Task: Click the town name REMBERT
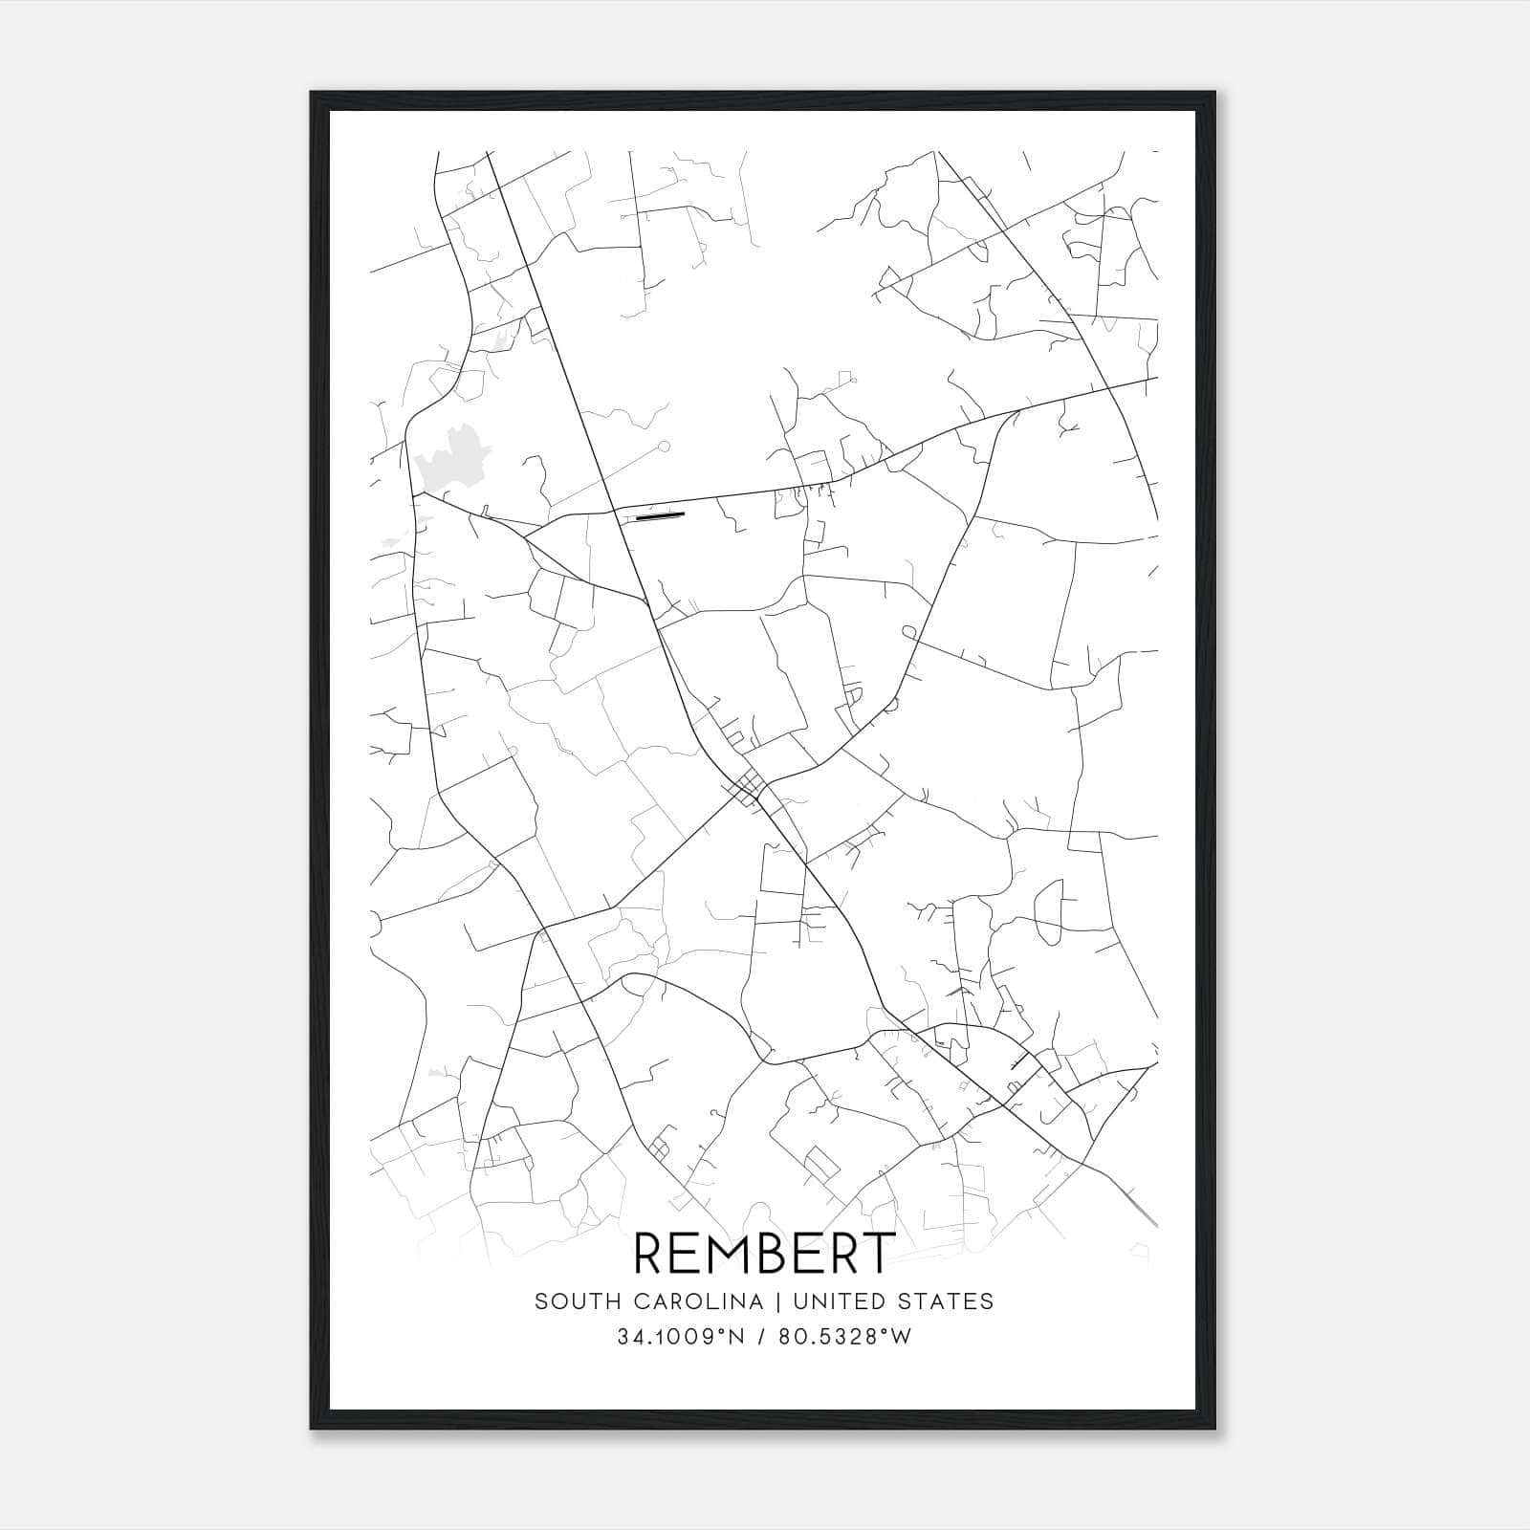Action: [x=764, y=1253]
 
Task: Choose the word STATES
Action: [x=947, y=1301]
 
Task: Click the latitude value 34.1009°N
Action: [x=681, y=1337]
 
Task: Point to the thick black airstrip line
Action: [x=661, y=516]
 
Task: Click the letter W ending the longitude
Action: [x=901, y=1337]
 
